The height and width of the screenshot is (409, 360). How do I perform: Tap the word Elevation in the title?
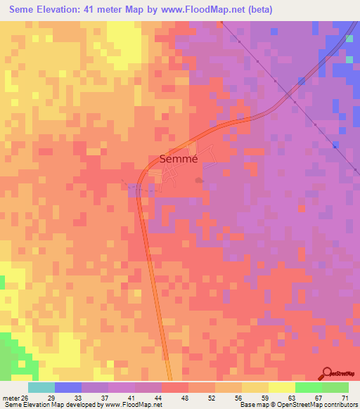(x=67, y=10)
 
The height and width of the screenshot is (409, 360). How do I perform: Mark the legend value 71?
(x=345, y=398)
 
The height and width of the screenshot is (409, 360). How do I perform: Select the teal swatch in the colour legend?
(x=41, y=387)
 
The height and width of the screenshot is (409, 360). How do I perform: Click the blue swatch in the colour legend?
(x=68, y=387)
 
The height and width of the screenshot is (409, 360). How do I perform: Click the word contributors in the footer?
(x=338, y=405)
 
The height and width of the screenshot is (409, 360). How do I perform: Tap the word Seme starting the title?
(x=25, y=10)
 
